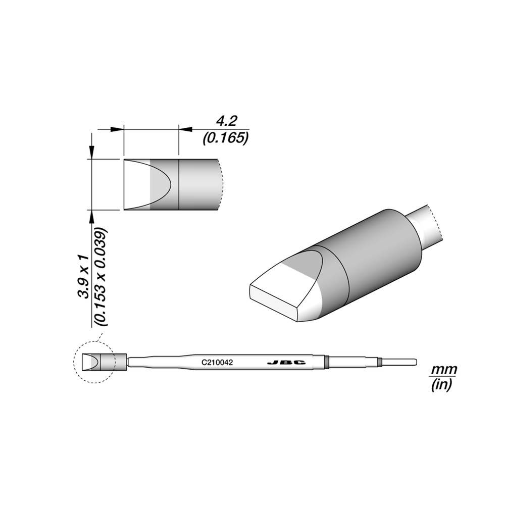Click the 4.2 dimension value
(226, 121)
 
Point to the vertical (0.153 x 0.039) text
(100, 277)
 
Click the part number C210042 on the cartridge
(217, 362)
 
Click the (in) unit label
(443, 386)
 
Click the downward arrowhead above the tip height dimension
(91, 152)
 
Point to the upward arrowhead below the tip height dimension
(91, 216)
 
